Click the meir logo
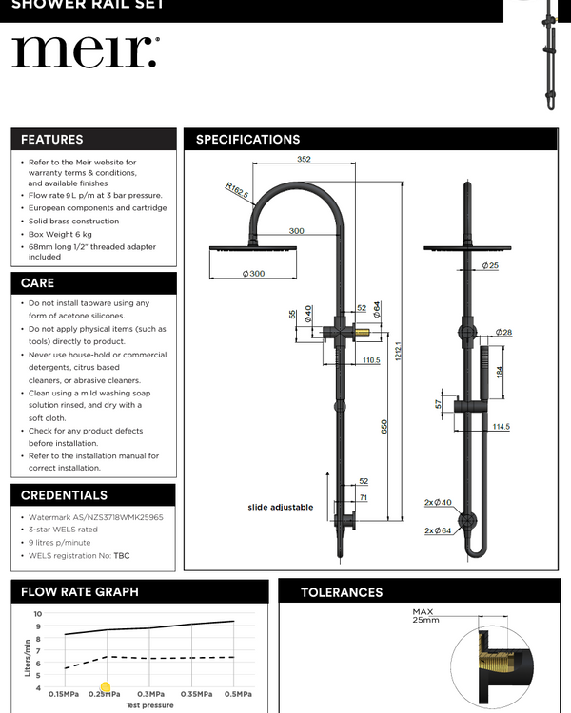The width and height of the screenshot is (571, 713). pyautogui.click(x=85, y=52)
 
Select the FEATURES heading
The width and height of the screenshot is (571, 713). pyautogui.click(x=52, y=140)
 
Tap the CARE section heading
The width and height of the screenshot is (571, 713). pyautogui.click(x=38, y=283)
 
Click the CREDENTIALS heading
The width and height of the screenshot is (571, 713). pyautogui.click(x=65, y=495)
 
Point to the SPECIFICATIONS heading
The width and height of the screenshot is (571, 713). pyautogui.click(x=247, y=140)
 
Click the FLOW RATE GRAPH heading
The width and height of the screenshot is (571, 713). pyautogui.click(x=80, y=592)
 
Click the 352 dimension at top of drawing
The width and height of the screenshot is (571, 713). pyautogui.click(x=304, y=160)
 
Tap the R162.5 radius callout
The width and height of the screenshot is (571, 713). pyautogui.click(x=237, y=190)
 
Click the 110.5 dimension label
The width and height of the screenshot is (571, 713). pyautogui.click(x=371, y=360)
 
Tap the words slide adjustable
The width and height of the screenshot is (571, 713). pyautogui.click(x=281, y=508)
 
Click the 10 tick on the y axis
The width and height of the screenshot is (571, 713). pyautogui.click(x=37, y=614)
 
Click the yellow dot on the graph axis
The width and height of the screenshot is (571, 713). pyautogui.click(x=106, y=687)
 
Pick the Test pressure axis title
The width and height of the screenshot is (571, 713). pyautogui.click(x=150, y=706)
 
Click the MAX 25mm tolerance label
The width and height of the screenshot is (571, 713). pyautogui.click(x=425, y=616)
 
